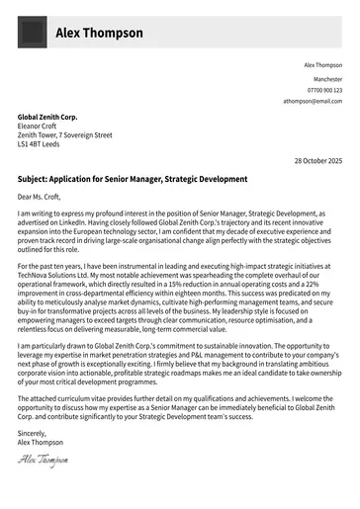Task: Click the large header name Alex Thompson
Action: [x=99, y=33]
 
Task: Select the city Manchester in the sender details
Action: [x=327, y=77]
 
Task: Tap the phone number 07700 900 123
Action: [x=324, y=89]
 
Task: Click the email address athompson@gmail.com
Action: [x=313, y=101]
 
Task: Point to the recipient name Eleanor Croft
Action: [x=38, y=126]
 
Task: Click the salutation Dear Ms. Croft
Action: [x=43, y=198]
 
